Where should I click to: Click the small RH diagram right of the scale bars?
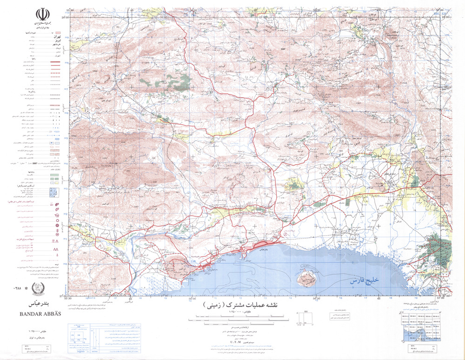[306, 319]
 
